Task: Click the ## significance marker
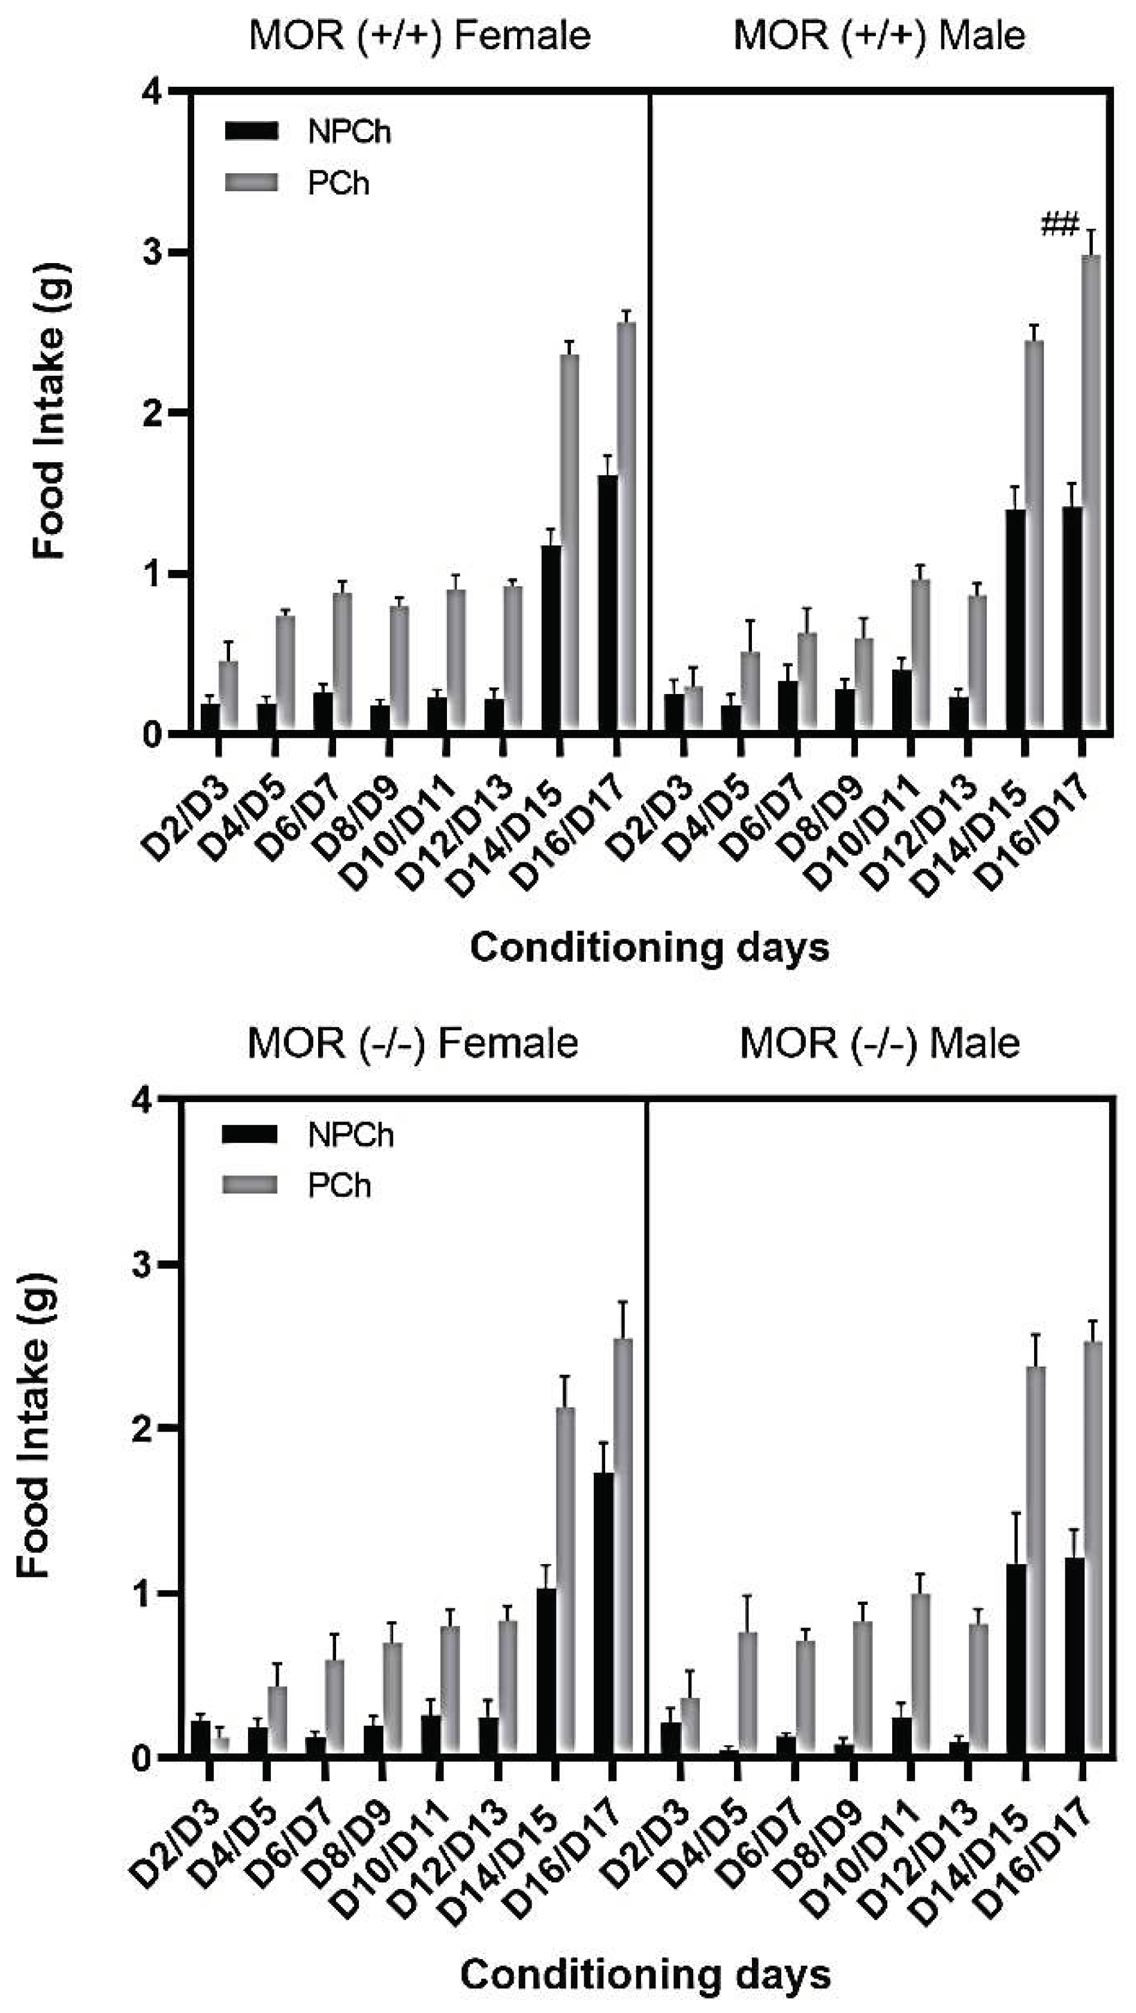pyautogui.click(x=1059, y=226)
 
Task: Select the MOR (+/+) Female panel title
pyautogui.click(x=419, y=36)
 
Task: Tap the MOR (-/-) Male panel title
pyautogui.click(x=880, y=1043)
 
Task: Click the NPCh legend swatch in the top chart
pyautogui.click(x=251, y=131)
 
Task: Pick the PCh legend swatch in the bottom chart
pyautogui.click(x=249, y=1186)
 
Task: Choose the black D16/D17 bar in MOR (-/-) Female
pyautogui.click(x=603, y=1614)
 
